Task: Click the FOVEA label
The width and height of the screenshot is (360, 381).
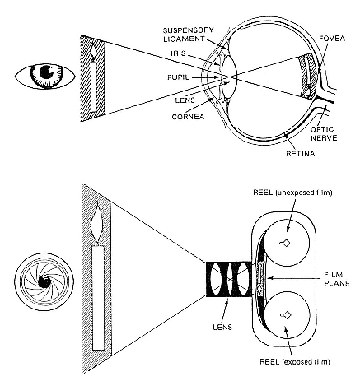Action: pyautogui.click(x=332, y=39)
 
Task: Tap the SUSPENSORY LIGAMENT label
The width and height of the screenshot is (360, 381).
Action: pyautogui.click(x=188, y=35)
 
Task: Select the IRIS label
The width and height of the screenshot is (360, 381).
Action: pyautogui.click(x=178, y=53)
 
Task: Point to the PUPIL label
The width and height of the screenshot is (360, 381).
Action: pyautogui.click(x=178, y=77)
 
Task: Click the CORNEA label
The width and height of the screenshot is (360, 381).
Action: pyautogui.click(x=188, y=117)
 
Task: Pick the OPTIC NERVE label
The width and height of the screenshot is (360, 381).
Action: pyautogui.click(x=324, y=133)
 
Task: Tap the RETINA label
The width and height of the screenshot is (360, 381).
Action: pyautogui.click(x=300, y=154)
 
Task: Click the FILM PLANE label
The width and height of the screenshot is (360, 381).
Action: pyautogui.click(x=337, y=279)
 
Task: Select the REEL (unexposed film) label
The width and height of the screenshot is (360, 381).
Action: pyautogui.click(x=292, y=193)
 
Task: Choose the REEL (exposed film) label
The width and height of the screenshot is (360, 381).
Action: pyautogui.click(x=295, y=362)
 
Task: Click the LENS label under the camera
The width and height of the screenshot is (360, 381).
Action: pyautogui.click(x=222, y=327)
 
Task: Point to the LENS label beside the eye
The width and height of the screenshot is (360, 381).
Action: pyautogui.click(x=185, y=100)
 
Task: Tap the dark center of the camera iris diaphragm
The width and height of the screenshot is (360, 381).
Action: pyautogui.click(x=44, y=281)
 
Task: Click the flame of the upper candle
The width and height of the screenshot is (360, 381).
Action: pyautogui.click(x=94, y=51)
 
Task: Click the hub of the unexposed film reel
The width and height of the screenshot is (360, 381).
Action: pyautogui.click(x=284, y=243)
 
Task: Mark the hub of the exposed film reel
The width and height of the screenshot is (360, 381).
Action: pyautogui.click(x=285, y=315)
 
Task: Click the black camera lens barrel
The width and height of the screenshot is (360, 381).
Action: pyautogui.click(x=228, y=279)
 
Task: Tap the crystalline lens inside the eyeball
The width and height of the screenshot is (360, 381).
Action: pyautogui.click(x=230, y=77)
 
